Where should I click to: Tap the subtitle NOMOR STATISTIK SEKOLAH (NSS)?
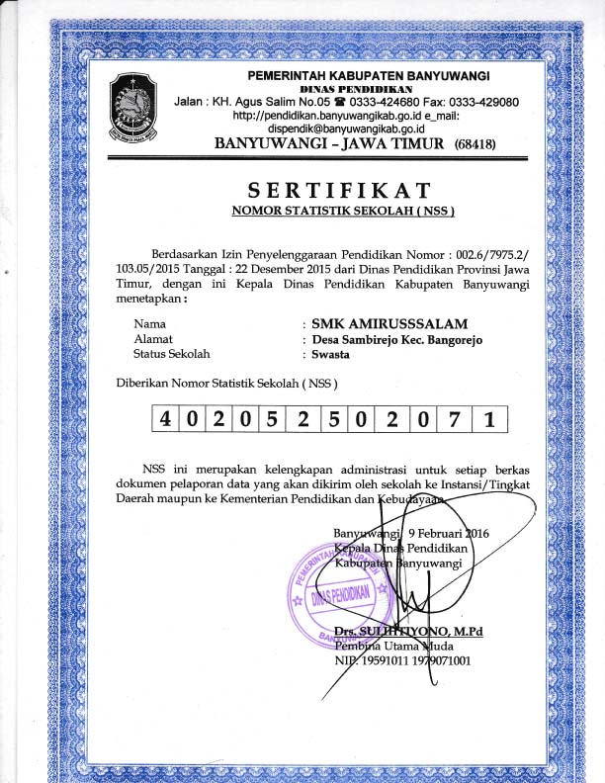[x=342, y=211]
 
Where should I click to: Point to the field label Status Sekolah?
[x=172, y=353]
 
